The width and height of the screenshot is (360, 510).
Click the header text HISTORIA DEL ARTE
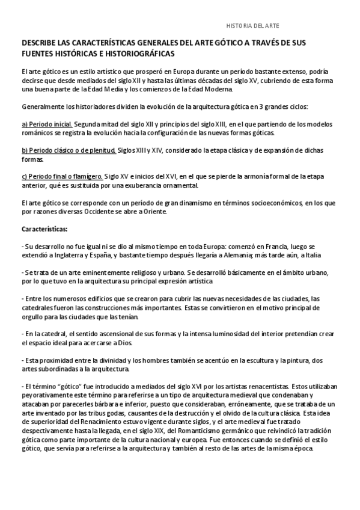(x=252, y=27)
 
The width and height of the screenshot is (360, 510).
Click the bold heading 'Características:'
(x=45, y=229)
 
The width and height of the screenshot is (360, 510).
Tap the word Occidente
(x=96, y=212)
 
